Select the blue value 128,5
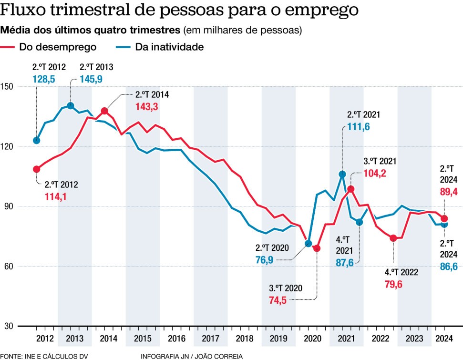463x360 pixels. click(x=44, y=79)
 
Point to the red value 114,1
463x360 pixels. click(x=56, y=196)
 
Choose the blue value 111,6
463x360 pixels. click(x=358, y=127)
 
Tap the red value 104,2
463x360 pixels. click(x=375, y=174)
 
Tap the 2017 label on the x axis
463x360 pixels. click(x=210, y=339)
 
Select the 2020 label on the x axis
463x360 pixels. click(x=312, y=339)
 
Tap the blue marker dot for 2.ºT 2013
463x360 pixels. click(x=71, y=106)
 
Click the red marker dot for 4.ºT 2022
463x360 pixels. click(x=393, y=238)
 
